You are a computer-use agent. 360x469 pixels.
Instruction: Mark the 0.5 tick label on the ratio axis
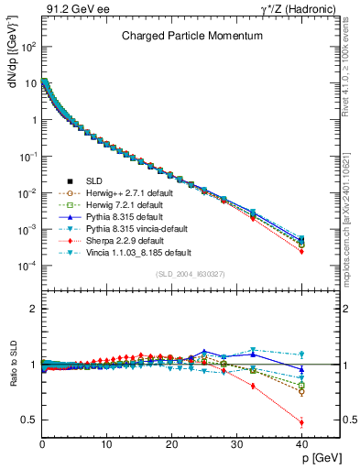[28, 420]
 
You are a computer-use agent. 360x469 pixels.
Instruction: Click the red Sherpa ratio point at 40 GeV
[301, 422]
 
